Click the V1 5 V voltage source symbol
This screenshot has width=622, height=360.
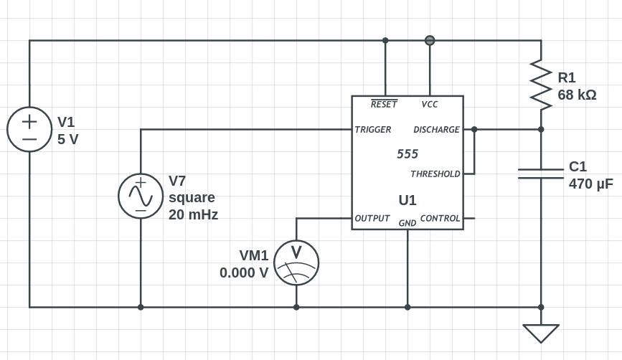(x=29, y=130)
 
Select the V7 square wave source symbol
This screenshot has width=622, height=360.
(x=141, y=196)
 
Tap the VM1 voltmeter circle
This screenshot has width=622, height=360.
(x=296, y=262)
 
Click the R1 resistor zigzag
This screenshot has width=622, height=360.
(x=541, y=85)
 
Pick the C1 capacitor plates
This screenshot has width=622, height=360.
(x=541, y=174)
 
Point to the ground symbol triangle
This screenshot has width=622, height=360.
(x=541, y=333)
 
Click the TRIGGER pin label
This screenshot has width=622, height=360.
(x=373, y=130)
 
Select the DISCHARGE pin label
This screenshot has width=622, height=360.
(x=436, y=130)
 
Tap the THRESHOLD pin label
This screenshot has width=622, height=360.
(x=435, y=174)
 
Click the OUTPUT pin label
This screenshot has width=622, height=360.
(x=372, y=218)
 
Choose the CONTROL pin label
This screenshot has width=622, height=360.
(x=440, y=218)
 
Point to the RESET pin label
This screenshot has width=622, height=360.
(x=384, y=105)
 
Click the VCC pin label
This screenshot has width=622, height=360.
(x=430, y=105)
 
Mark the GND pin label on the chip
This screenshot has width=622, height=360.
(x=407, y=223)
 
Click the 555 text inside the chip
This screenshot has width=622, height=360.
(x=407, y=154)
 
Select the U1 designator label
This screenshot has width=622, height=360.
(x=407, y=200)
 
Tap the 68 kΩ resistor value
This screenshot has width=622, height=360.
(x=577, y=95)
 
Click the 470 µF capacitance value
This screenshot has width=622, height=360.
(x=590, y=184)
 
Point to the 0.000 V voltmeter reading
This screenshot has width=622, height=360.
(x=244, y=273)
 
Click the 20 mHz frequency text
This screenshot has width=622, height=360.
(x=193, y=214)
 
